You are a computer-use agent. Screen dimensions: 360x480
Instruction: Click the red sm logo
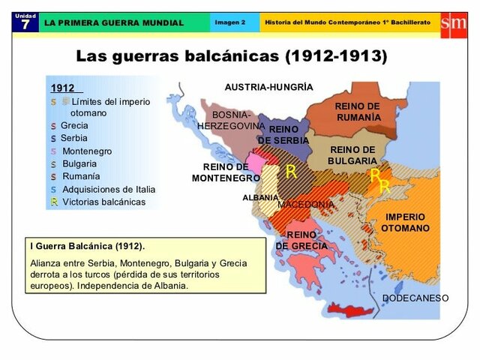click(453, 22)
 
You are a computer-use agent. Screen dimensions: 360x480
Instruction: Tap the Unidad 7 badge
click(25, 22)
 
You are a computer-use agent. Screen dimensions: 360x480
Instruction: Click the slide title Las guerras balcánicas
click(232, 56)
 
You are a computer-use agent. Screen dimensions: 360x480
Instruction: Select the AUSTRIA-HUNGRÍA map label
click(268, 87)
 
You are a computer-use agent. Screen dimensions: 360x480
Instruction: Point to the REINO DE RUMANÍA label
click(357, 112)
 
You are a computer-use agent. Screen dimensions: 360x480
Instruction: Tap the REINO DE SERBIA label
click(283, 135)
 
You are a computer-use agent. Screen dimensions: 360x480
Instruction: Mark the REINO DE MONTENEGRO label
click(225, 172)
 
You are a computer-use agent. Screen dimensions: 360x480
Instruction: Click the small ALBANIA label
click(260, 197)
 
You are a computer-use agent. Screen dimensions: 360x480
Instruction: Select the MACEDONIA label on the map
click(306, 204)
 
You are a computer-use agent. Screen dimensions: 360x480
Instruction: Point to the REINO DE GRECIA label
click(301, 240)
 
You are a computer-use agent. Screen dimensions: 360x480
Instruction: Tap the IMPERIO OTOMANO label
click(405, 223)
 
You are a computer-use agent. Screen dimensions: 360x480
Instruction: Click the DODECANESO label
click(415, 298)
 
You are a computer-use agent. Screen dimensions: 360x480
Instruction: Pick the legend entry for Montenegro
click(86, 151)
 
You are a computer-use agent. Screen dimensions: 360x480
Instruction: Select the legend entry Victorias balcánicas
click(103, 202)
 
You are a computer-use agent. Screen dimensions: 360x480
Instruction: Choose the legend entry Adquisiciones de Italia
click(109, 189)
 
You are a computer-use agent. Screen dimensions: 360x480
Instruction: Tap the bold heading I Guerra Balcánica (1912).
click(88, 246)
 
